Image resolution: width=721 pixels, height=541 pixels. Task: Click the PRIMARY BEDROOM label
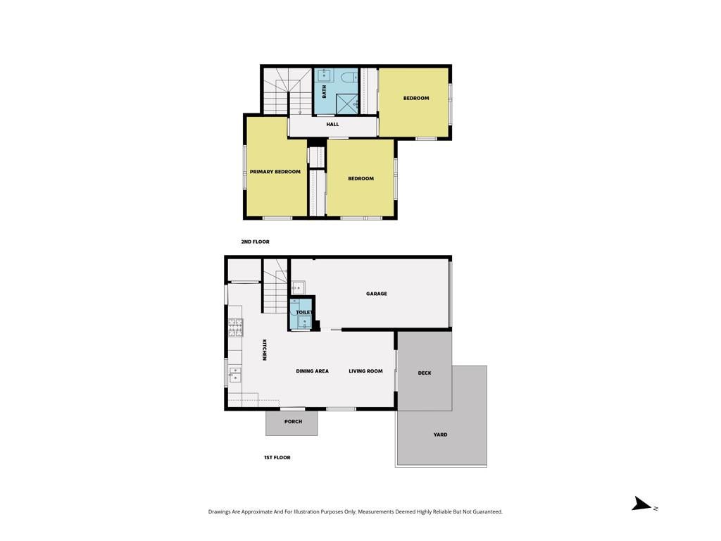coord(275,172)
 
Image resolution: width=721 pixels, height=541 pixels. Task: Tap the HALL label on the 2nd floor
coord(332,124)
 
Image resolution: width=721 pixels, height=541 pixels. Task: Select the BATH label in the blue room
coord(324,92)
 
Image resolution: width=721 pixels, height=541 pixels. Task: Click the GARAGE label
coord(377,294)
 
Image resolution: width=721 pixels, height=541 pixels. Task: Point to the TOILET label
coord(304,312)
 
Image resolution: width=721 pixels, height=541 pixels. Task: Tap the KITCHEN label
coord(265,349)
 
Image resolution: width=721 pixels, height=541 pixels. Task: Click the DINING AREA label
coord(312,371)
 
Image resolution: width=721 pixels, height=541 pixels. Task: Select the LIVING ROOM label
coord(365,371)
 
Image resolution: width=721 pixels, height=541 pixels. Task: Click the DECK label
coord(425,373)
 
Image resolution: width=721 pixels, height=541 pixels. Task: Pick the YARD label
coord(441,434)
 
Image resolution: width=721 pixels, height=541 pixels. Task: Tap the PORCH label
coord(294,421)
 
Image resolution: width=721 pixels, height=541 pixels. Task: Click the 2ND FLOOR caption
coord(255,242)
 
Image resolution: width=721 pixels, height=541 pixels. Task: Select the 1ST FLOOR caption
coord(277,457)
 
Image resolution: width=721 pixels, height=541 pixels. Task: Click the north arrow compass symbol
coord(643,504)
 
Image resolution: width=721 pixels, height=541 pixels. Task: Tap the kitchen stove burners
coord(235,328)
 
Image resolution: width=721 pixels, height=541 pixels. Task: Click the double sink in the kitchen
coord(235,375)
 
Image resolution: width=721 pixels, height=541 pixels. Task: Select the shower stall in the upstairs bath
coord(346,104)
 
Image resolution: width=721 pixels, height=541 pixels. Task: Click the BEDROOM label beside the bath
coord(416,98)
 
